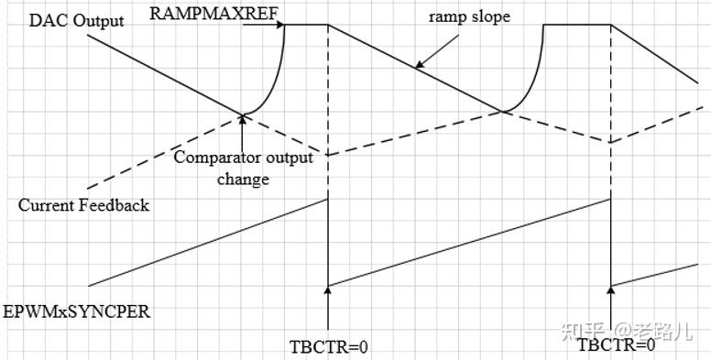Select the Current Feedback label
point(83,205)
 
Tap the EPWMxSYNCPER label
point(76,312)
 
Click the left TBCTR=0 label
point(328,348)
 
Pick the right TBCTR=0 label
point(616,345)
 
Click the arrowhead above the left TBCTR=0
point(327,289)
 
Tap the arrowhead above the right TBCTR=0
point(611,289)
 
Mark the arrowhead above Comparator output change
point(244,120)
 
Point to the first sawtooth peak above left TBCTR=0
point(327,200)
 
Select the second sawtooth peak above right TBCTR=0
point(611,200)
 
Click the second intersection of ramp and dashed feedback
point(503,113)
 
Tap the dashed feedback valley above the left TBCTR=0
point(327,155)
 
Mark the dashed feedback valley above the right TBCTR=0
point(611,141)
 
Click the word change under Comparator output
point(243,179)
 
